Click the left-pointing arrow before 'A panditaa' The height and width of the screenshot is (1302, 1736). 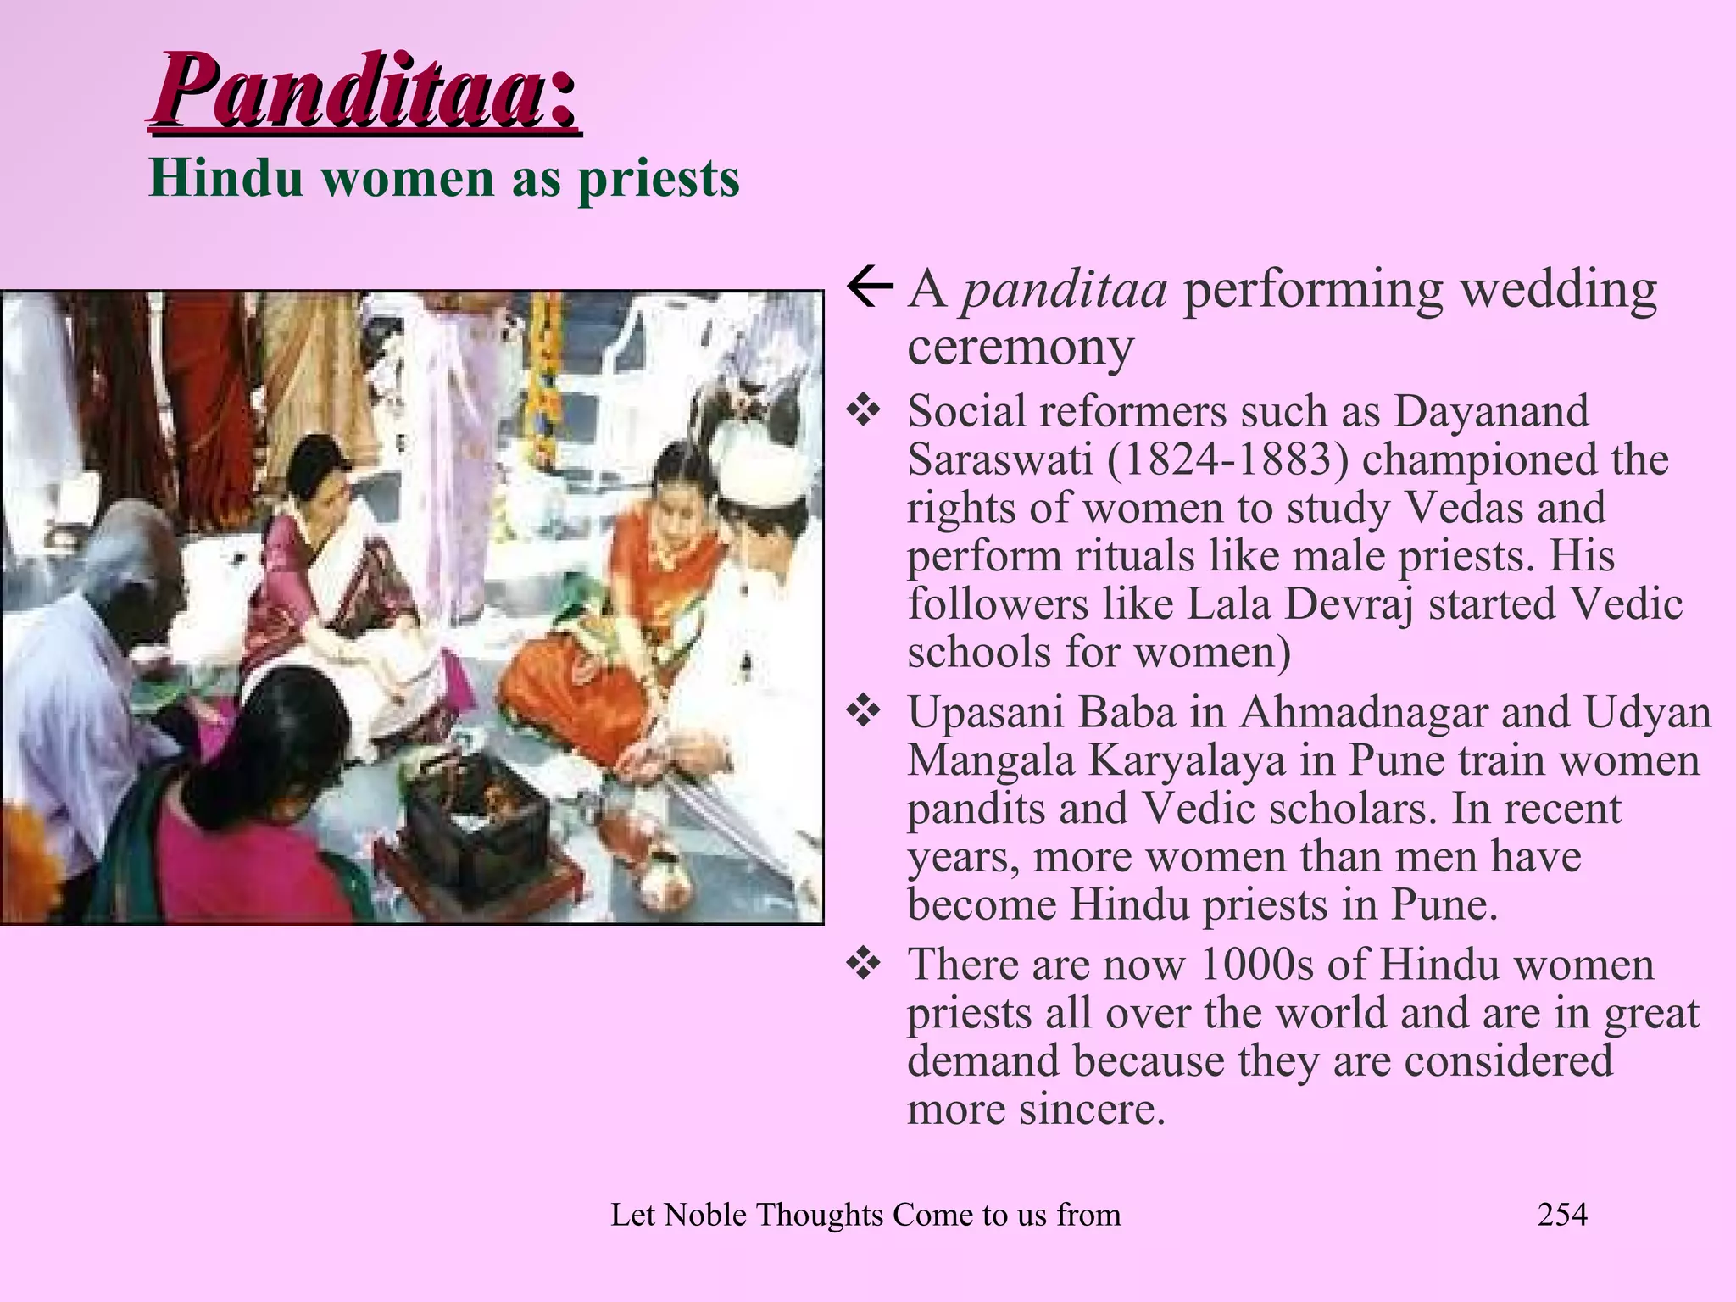click(870, 289)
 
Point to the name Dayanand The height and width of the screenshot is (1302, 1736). click(1491, 411)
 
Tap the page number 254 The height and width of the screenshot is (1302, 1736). click(1562, 1215)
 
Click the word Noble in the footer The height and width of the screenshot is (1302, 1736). click(705, 1215)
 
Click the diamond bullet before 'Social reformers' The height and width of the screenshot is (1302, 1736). click(864, 412)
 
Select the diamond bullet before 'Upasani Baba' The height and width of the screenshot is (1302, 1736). click(864, 713)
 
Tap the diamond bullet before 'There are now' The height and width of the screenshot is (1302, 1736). click(864, 965)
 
